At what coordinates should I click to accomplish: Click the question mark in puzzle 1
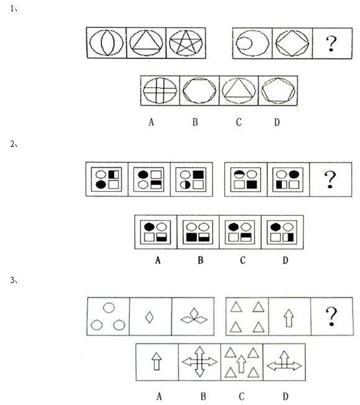(x=331, y=44)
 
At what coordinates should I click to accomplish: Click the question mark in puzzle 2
(x=330, y=180)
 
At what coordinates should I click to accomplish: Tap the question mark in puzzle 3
(x=331, y=317)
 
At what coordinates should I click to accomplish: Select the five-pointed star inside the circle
(x=186, y=42)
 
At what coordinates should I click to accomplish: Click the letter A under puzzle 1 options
(x=151, y=122)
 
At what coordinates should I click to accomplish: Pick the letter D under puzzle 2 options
(x=285, y=260)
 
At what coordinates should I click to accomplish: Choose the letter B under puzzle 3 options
(x=203, y=396)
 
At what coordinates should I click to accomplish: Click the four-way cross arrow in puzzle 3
(x=200, y=361)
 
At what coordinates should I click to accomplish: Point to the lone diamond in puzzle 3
(x=149, y=317)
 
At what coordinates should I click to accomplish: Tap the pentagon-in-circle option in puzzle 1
(x=278, y=91)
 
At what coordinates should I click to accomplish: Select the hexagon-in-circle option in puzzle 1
(x=199, y=90)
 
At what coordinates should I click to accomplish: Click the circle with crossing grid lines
(x=160, y=90)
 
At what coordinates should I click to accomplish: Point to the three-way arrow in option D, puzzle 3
(x=284, y=361)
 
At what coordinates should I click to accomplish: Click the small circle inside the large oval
(x=244, y=43)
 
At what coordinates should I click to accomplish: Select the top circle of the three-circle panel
(x=109, y=307)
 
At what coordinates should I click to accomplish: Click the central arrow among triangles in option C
(x=241, y=364)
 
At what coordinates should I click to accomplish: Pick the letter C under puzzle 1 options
(x=239, y=122)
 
